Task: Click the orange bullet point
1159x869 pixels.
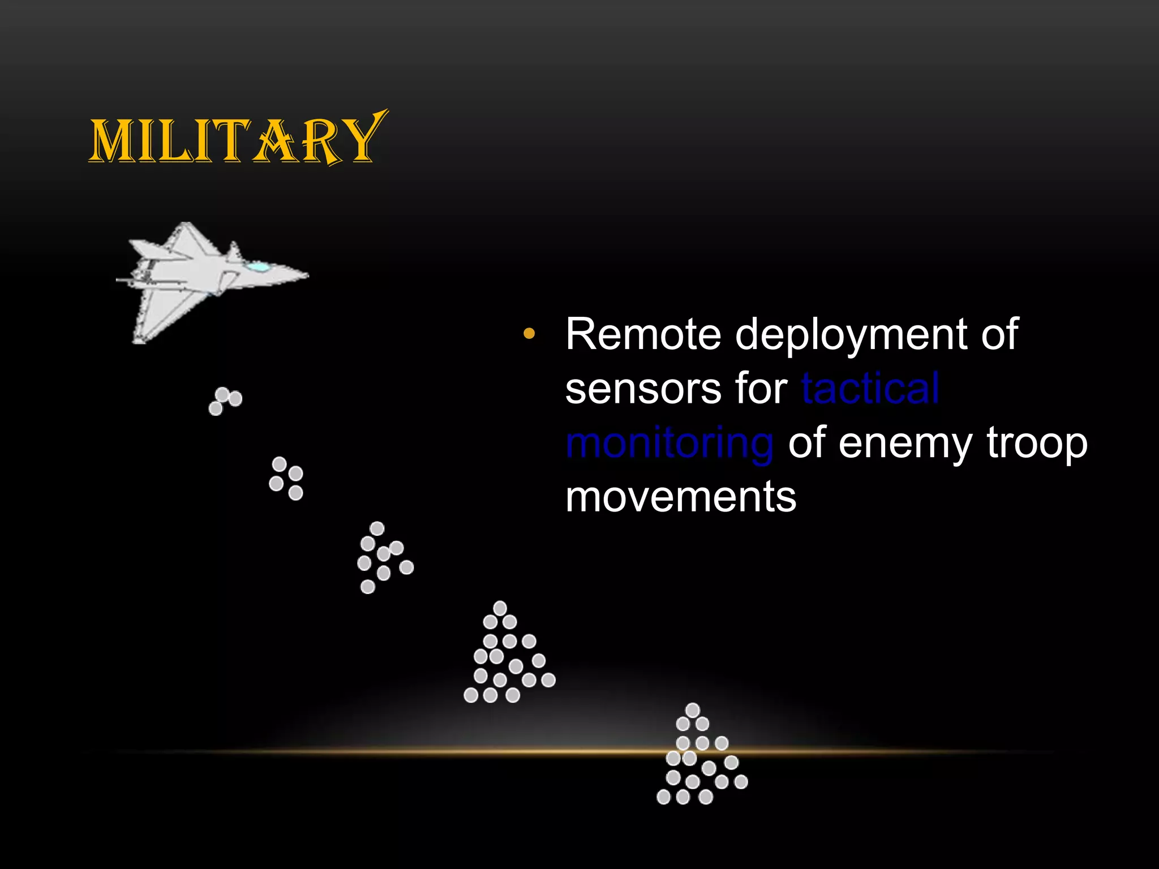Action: tap(529, 334)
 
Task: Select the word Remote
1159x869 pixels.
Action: tap(643, 334)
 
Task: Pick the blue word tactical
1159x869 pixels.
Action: tap(870, 389)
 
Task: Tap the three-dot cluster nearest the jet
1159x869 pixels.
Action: tap(225, 401)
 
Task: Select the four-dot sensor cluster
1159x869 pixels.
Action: tap(286, 479)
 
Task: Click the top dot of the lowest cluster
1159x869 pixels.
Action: tap(693, 710)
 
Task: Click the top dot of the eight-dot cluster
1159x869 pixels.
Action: tap(377, 528)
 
